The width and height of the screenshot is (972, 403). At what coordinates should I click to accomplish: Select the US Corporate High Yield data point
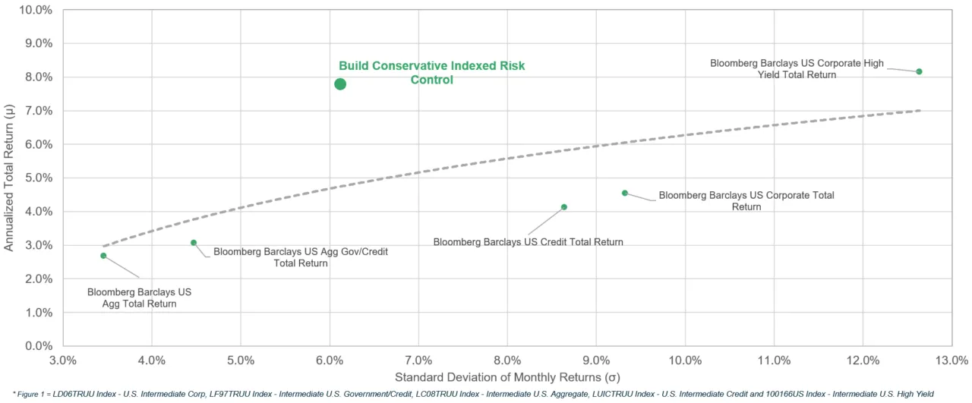tap(919, 71)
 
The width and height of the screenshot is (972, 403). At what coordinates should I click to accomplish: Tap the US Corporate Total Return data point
tap(625, 193)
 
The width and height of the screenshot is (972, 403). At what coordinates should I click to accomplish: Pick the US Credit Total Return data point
tap(563, 207)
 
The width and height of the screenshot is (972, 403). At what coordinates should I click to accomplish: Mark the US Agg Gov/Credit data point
tap(194, 243)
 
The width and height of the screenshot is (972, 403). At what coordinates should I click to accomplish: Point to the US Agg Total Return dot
tap(103, 256)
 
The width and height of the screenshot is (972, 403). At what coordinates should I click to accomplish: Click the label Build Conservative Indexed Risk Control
tap(431, 73)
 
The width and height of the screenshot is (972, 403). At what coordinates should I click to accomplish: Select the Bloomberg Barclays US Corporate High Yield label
tap(797, 69)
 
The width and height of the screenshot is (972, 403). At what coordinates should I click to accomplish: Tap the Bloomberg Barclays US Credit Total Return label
tap(528, 242)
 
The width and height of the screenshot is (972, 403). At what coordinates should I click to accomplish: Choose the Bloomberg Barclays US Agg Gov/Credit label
tap(301, 257)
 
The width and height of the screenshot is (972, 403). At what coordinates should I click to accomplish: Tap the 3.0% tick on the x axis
tap(63, 360)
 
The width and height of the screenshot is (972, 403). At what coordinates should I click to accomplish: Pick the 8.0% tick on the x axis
tap(507, 360)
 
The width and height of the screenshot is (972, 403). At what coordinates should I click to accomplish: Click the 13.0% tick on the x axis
tap(951, 360)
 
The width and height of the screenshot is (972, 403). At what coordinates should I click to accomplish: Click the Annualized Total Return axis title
tap(9, 178)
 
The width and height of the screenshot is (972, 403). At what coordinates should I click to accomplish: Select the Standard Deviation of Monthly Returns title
tap(507, 377)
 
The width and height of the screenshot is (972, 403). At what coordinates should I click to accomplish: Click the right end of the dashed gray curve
tap(920, 111)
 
